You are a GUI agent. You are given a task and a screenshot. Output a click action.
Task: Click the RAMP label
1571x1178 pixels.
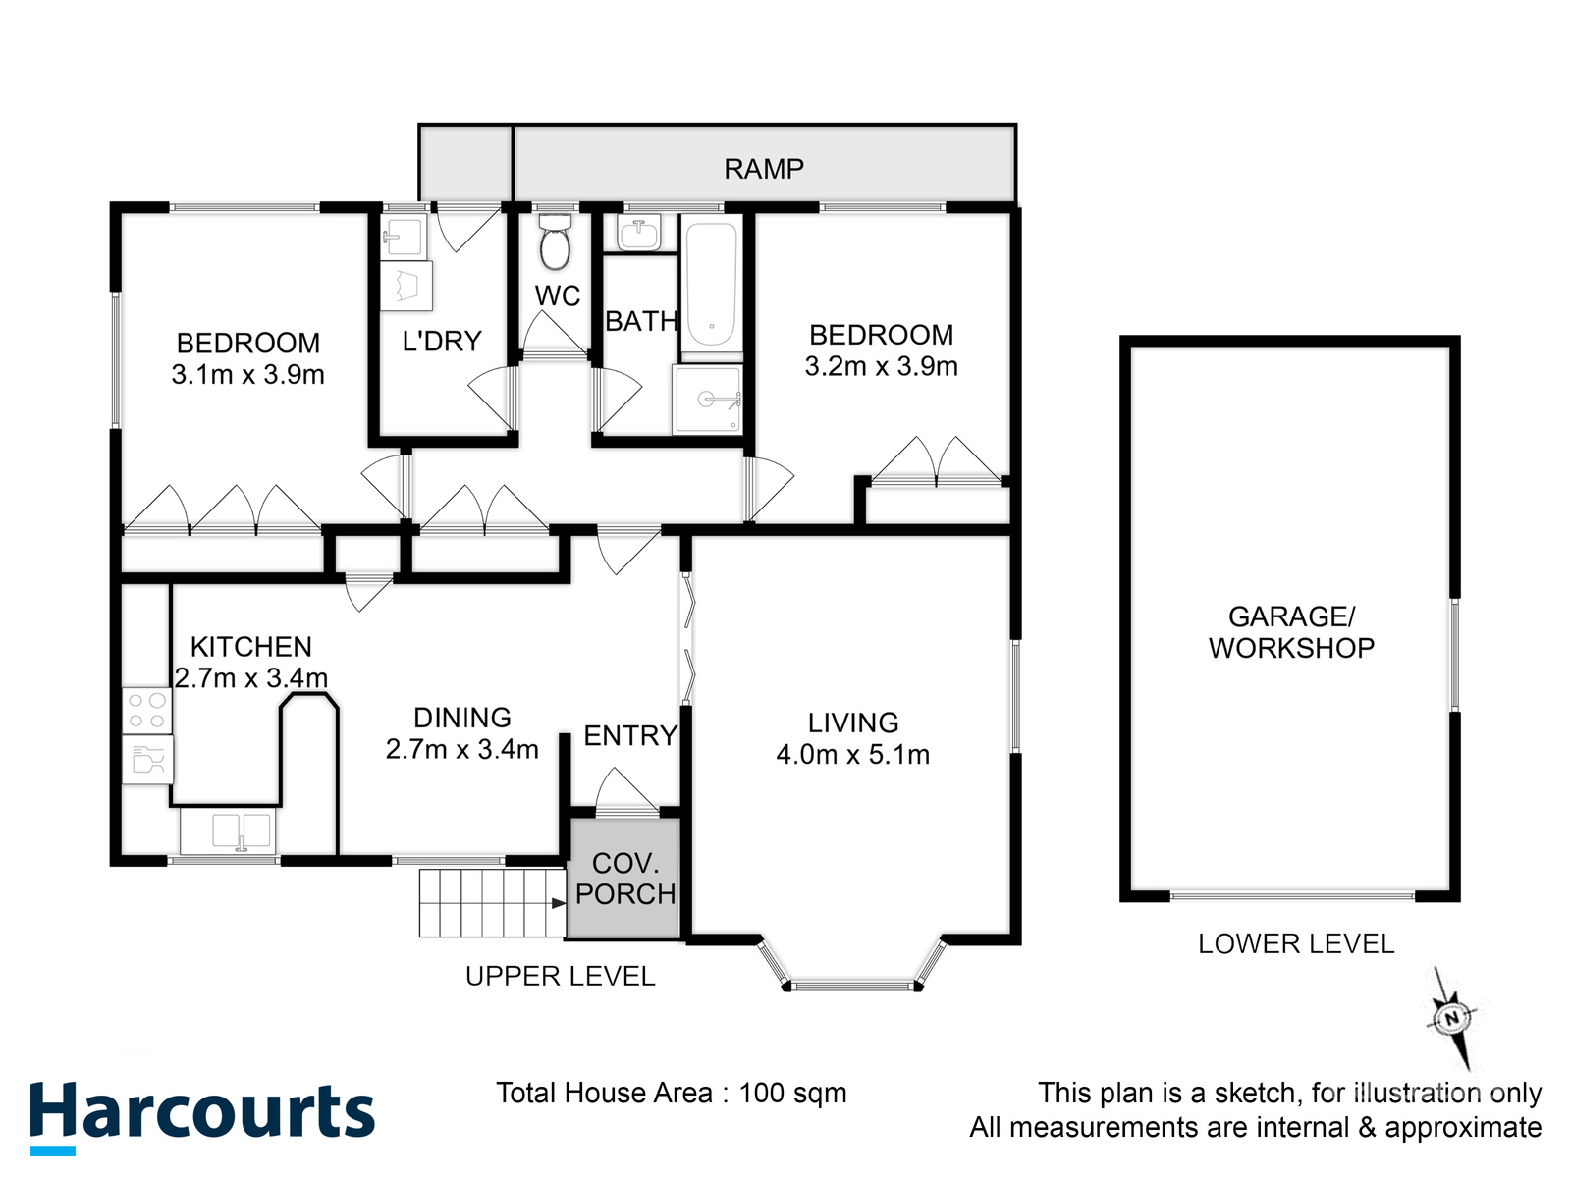click(763, 169)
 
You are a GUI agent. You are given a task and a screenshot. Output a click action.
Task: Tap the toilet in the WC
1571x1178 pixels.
click(555, 241)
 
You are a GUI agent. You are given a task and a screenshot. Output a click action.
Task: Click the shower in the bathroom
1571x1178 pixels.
click(706, 400)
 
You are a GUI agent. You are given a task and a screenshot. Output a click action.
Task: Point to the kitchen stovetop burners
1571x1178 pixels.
click(146, 711)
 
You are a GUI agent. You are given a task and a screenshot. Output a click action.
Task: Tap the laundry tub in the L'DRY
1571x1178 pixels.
click(404, 236)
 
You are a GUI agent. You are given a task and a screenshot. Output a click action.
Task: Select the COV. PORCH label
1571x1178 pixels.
click(624, 879)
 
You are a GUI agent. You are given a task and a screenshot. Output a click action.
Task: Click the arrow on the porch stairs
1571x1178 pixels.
click(559, 903)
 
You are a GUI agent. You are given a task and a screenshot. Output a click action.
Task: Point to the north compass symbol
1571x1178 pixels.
click(1451, 1018)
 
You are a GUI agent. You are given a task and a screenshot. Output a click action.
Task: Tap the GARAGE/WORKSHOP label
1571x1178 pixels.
click(1291, 632)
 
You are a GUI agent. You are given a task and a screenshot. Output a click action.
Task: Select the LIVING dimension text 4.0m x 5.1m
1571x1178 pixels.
click(852, 755)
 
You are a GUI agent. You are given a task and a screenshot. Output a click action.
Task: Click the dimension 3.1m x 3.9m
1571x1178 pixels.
click(247, 375)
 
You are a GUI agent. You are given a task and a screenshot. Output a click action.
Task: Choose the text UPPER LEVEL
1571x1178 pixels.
click(560, 977)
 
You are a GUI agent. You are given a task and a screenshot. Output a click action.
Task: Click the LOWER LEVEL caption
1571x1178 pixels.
click(1296, 944)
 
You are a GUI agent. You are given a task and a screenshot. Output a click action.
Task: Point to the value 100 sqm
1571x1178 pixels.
click(792, 1093)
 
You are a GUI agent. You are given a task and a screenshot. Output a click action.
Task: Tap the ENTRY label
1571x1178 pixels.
click(629, 735)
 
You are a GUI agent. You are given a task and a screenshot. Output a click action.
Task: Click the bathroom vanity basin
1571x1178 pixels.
click(639, 234)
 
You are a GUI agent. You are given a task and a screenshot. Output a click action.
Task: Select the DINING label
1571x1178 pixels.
click(462, 718)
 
